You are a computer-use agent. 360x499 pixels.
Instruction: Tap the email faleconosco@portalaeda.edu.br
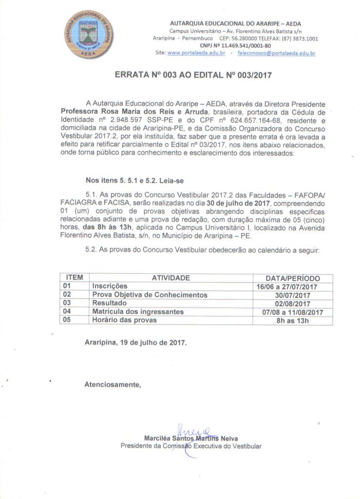click(276, 53)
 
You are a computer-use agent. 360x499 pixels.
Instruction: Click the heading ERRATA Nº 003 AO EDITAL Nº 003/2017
click(192, 76)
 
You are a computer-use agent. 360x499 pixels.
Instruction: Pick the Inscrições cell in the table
click(110, 287)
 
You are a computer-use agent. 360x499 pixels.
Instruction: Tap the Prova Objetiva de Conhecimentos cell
click(150, 295)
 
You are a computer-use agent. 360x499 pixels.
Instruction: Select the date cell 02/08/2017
click(293, 304)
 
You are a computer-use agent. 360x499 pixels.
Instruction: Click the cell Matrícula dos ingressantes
click(138, 312)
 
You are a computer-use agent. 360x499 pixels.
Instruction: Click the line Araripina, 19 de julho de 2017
click(135, 343)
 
